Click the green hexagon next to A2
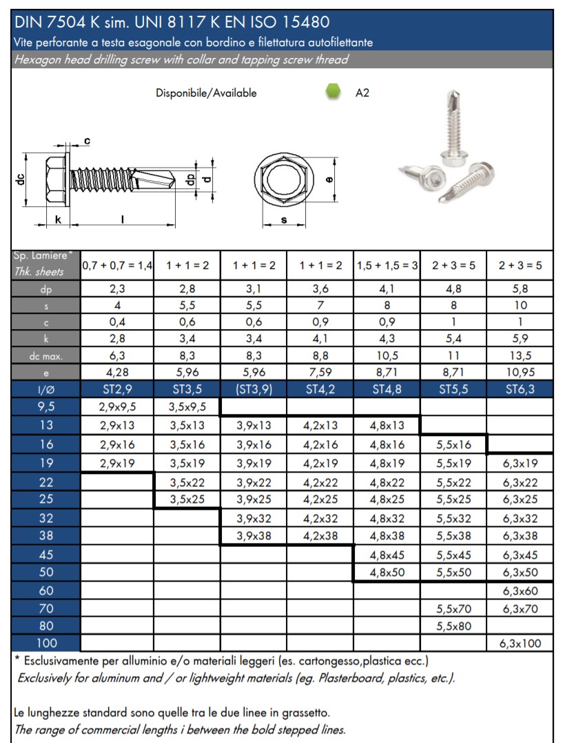point(333,92)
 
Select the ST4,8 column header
point(387,389)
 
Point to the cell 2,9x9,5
point(117,407)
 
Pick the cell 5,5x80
point(453,626)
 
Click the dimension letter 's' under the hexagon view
point(284,220)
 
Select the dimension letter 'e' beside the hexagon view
point(329,179)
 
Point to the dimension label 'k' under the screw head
point(58,219)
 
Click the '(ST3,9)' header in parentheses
point(253,389)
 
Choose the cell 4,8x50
point(387,572)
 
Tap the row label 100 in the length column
point(46,644)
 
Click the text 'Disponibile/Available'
point(206,93)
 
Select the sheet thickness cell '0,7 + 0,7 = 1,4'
point(117,265)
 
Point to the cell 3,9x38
point(253,535)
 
